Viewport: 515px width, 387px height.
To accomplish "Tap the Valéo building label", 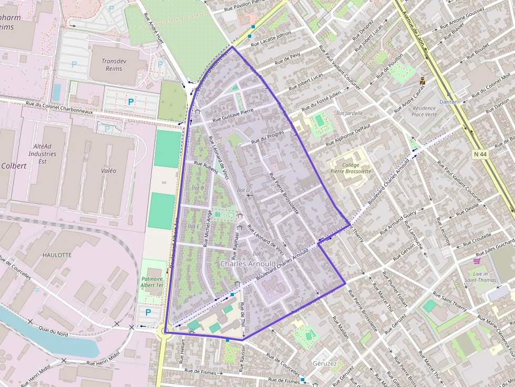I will click(x=108, y=171).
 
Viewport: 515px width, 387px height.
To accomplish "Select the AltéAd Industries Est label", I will click(x=43, y=154).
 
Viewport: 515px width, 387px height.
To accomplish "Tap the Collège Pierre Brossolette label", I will click(x=351, y=168).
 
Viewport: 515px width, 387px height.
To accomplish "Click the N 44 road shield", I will click(x=479, y=154).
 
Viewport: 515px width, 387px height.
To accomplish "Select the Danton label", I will click(x=448, y=101).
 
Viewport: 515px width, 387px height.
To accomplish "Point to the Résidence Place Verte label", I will click(x=424, y=111).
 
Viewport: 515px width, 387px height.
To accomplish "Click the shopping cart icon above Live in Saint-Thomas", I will click(x=477, y=260).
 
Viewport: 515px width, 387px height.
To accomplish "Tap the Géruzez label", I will click(x=324, y=363).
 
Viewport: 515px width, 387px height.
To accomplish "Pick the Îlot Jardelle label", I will click(x=349, y=113).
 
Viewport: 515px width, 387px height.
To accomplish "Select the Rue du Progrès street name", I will click(x=267, y=138).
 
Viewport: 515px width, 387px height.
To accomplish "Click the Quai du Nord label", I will click(x=54, y=331).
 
